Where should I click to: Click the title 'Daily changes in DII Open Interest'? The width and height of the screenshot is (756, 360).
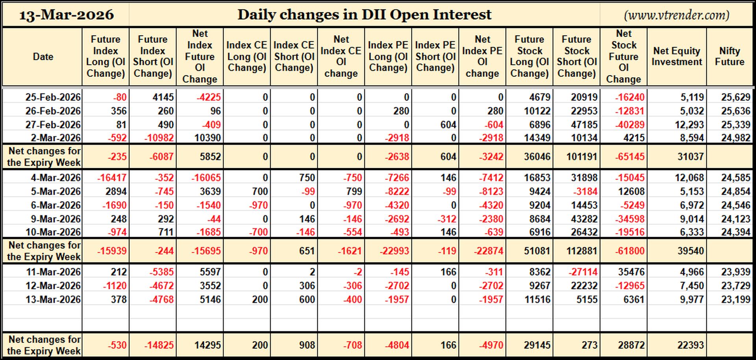coord(364,15)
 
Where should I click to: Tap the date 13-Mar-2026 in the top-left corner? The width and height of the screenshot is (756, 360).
coord(66,15)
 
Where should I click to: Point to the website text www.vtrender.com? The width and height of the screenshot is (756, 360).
coord(676,15)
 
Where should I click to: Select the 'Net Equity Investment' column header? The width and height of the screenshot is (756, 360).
coord(676,56)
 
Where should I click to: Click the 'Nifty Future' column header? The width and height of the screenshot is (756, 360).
coord(729,56)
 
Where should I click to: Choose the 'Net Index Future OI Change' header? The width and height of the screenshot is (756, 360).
coord(200,56)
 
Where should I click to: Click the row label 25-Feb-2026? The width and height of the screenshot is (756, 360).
coord(53,97)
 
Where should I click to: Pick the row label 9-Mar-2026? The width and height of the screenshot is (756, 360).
coord(56,219)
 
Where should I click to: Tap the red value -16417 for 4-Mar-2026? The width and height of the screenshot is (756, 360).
coord(112,178)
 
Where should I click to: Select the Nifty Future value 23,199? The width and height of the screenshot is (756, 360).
coord(736,299)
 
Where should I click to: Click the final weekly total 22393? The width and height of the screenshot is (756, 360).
coord(691,345)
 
